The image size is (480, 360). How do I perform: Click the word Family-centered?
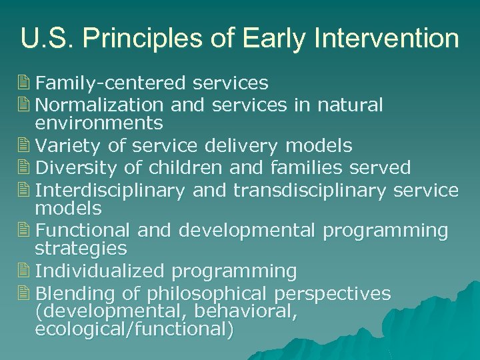(111, 83)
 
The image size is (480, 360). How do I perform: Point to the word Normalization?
(99, 105)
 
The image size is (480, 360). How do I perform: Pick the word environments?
(99, 123)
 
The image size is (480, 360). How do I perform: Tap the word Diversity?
(73, 167)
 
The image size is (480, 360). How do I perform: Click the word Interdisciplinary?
(110, 190)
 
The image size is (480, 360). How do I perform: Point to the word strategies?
(81, 249)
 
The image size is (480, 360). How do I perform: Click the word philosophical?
(207, 294)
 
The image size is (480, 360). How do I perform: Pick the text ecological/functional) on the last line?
(134, 330)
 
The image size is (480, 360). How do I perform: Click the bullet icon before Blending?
(25, 293)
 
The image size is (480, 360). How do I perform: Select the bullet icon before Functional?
(25, 231)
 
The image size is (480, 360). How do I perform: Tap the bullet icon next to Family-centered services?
(25, 83)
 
